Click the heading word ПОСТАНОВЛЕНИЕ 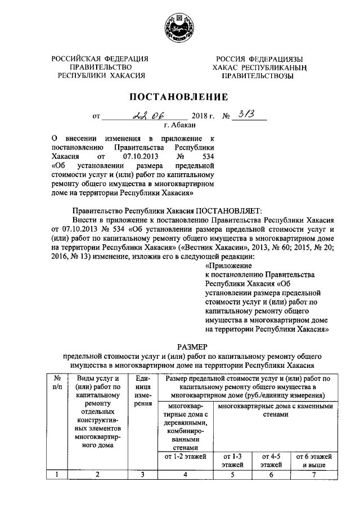(x=179, y=96)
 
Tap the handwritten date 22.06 (x=148, y=116)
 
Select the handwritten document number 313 (x=246, y=115)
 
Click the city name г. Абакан (x=179, y=125)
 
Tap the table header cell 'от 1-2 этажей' (x=186, y=456)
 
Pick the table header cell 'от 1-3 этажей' (x=232, y=460)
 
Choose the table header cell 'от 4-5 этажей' (x=271, y=460)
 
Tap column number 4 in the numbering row (x=186, y=475)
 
